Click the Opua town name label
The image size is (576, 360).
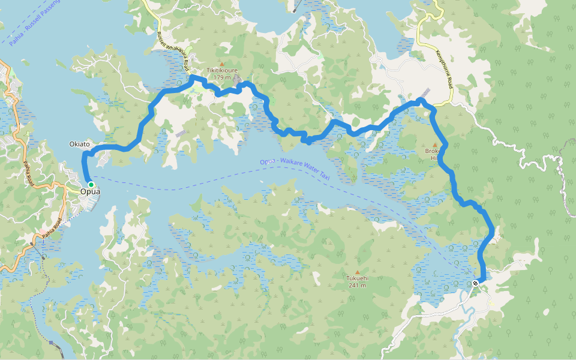(x=89, y=191)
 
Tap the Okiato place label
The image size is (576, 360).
(x=79, y=144)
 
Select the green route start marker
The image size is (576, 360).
(x=91, y=185)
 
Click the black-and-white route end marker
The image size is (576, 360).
(x=475, y=283)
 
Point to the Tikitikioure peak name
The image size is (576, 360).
(x=222, y=70)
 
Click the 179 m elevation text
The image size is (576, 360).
(x=222, y=77)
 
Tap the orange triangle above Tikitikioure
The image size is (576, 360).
(x=222, y=64)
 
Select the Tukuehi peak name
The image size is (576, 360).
(x=358, y=278)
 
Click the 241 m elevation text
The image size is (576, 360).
(x=358, y=286)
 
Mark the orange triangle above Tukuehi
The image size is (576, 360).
(x=358, y=272)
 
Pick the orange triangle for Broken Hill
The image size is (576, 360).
(x=435, y=145)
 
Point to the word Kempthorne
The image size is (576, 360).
(x=442, y=65)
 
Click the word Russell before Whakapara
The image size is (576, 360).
(x=163, y=37)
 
